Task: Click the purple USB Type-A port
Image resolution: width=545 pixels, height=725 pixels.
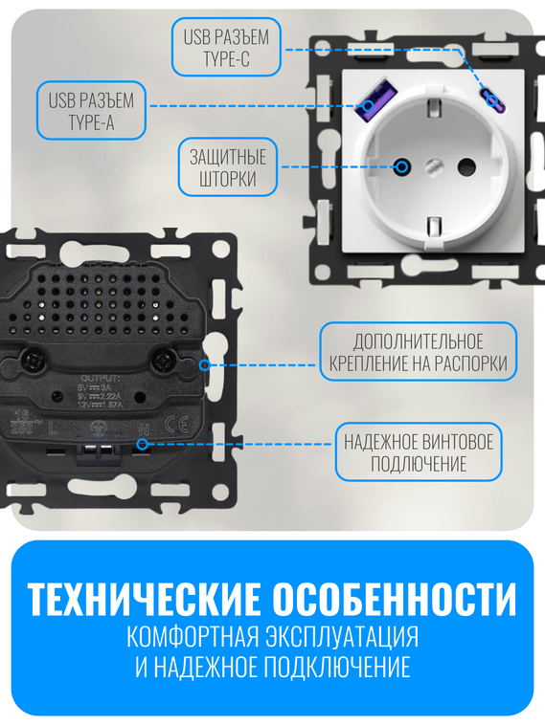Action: point(367,104)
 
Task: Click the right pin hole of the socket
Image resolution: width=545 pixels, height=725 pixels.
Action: point(467,165)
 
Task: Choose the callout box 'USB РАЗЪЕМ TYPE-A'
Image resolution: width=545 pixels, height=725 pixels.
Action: point(91,110)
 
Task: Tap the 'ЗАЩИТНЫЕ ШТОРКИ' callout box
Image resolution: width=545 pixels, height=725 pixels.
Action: point(228,168)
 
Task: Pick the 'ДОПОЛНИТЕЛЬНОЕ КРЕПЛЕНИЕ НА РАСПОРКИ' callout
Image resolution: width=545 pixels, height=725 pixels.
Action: point(418,352)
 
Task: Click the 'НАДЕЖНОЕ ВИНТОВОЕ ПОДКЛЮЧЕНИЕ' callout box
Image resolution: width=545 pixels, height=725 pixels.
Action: point(418,452)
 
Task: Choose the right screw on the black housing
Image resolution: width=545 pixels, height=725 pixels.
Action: point(162,361)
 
